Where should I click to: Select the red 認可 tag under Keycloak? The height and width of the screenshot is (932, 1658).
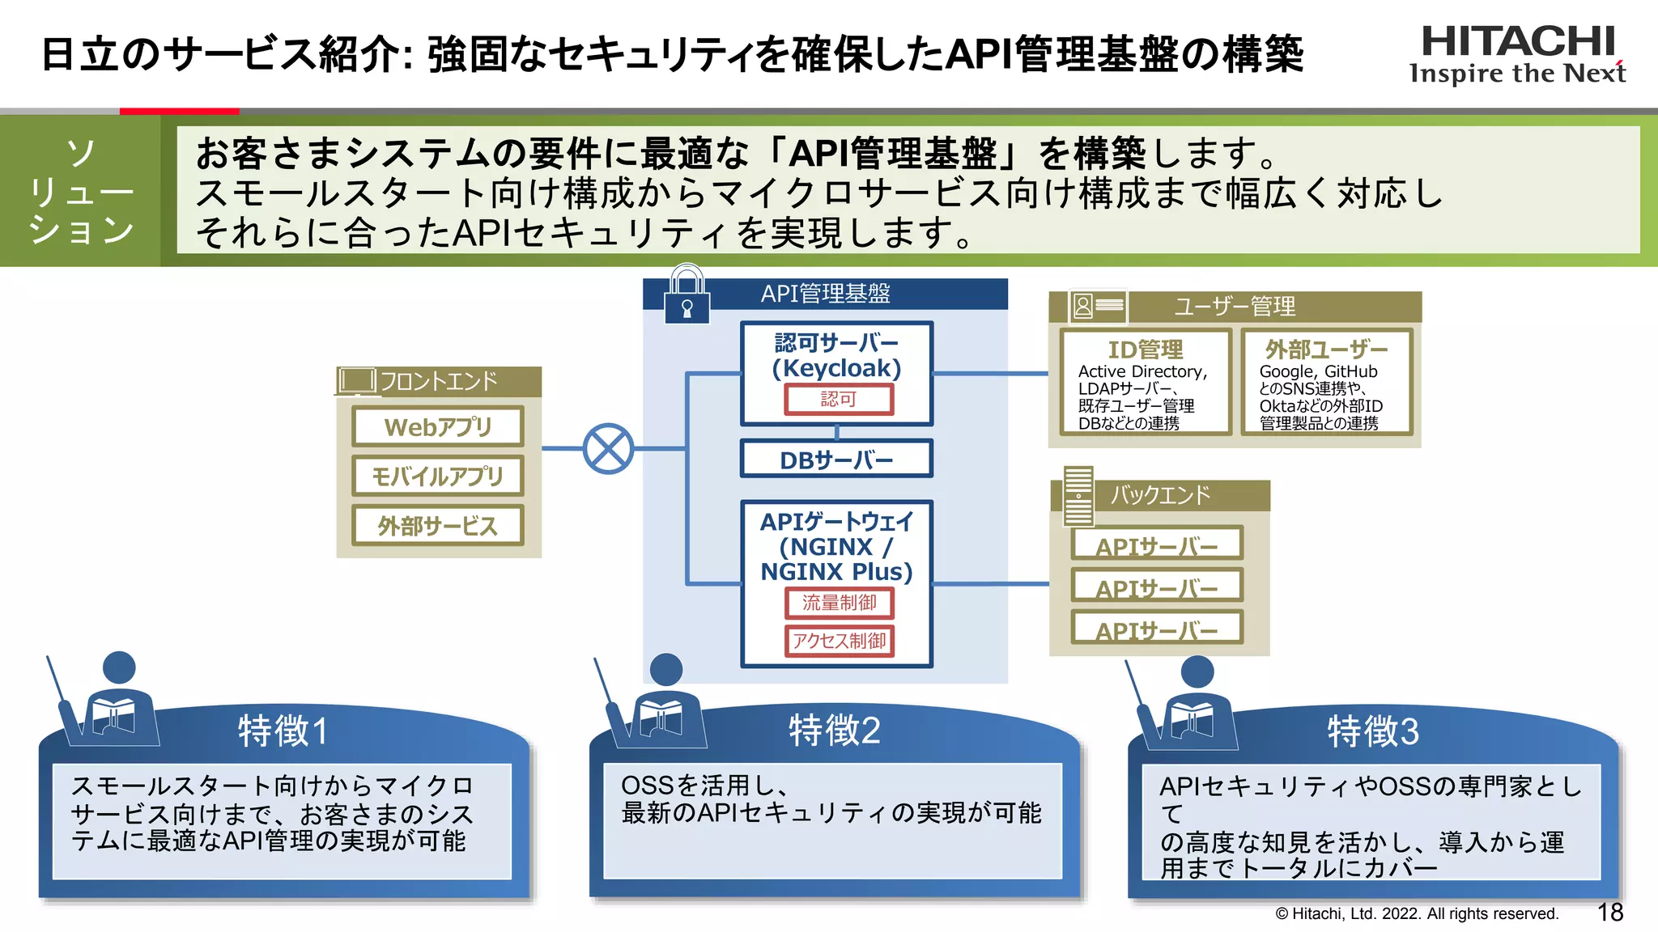click(839, 399)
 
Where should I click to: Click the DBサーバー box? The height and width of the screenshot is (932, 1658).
click(836, 460)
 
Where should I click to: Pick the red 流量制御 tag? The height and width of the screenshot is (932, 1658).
click(839, 603)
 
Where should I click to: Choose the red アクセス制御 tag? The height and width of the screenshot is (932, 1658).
click(839, 641)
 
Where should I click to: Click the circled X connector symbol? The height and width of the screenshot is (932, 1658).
click(608, 448)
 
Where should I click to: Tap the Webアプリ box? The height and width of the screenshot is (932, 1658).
click(438, 426)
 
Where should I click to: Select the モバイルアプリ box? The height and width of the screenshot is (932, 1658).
click(438, 476)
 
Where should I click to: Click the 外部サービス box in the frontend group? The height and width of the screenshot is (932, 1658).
click(438, 526)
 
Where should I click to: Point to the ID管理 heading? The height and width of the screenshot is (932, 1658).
click(1145, 349)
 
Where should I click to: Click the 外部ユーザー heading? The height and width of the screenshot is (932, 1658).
click(1326, 349)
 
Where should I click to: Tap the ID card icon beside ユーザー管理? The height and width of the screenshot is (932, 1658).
click(1097, 306)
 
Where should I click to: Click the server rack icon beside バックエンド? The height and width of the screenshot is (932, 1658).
click(1078, 495)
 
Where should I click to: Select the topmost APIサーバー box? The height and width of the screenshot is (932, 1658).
click(1157, 545)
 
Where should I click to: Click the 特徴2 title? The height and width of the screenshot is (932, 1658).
click(834, 730)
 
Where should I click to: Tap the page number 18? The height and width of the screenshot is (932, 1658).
click(1609, 913)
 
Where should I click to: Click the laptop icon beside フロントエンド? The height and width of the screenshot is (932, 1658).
click(356, 379)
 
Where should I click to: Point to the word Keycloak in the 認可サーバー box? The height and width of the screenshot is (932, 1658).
click(837, 368)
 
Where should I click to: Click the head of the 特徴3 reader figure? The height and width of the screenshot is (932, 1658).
click(1197, 671)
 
